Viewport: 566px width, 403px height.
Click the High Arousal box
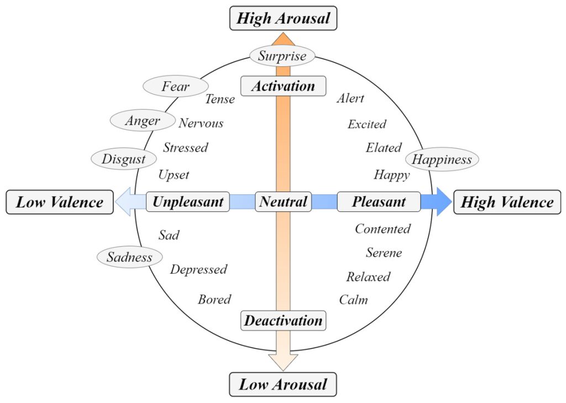click(283, 18)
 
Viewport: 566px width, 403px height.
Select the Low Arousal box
click(283, 384)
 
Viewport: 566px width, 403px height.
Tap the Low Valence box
click(60, 202)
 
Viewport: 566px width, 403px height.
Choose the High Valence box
click(507, 202)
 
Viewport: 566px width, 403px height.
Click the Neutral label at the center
click(283, 202)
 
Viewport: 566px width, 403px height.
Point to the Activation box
click(283, 86)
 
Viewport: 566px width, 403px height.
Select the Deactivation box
click(283, 321)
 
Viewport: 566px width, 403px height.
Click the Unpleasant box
click(188, 202)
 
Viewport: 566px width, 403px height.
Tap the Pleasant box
click(379, 202)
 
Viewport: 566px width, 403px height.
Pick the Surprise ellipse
click(282, 56)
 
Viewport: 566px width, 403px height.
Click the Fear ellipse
click(176, 86)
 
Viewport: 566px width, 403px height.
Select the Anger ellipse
click(143, 121)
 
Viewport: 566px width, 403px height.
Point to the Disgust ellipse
click(123, 159)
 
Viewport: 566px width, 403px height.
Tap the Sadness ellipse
click(129, 257)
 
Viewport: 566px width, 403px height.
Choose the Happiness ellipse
click(442, 160)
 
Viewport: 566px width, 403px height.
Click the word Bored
click(214, 300)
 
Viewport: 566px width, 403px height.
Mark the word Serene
click(384, 253)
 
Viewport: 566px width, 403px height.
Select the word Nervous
click(201, 123)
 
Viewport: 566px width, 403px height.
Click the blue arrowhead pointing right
click(442, 202)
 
